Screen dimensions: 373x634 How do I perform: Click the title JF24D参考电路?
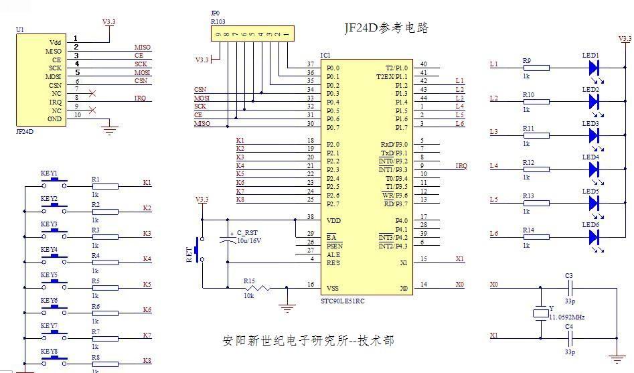[386, 28]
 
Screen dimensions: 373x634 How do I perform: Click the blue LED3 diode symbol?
[593, 135]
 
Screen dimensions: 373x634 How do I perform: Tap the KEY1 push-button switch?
[54, 182]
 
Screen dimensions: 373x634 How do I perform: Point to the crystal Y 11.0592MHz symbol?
[540, 313]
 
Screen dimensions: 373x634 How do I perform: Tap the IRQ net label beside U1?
[140, 98]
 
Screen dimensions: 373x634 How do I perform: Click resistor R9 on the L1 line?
[536, 68]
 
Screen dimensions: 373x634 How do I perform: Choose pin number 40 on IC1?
[423, 64]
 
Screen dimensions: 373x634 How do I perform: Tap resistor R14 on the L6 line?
[536, 236]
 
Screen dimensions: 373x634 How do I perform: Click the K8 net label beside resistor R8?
[147, 360]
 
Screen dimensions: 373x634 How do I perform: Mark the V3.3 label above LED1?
[625, 39]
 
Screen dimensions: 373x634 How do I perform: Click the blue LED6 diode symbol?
[593, 237]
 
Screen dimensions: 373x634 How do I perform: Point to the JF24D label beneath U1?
[24, 132]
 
